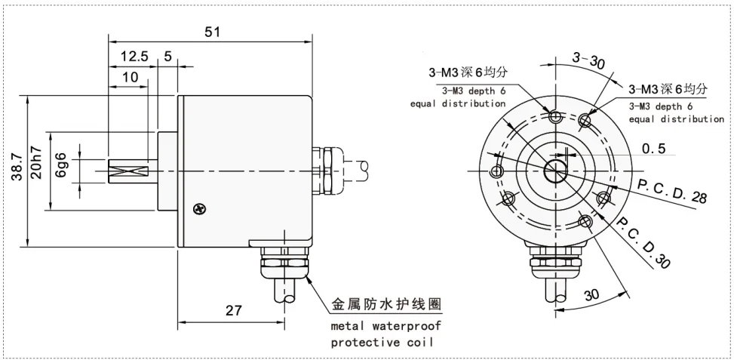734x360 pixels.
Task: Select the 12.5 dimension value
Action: (134, 57)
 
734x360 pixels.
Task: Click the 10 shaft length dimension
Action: (130, 77)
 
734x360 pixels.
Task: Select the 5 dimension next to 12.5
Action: (167, 57)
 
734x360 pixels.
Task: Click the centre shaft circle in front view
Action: (557, 171)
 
